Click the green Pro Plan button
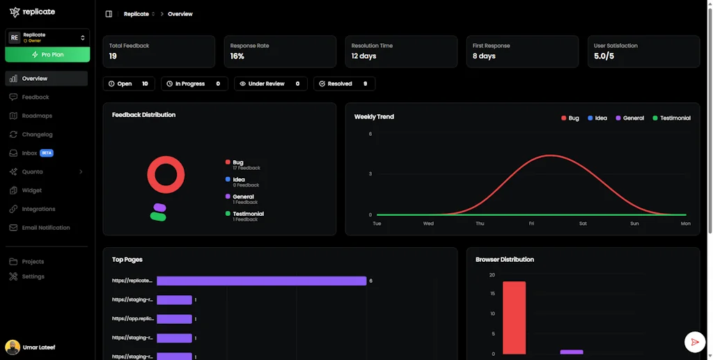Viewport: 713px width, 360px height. pos(47,54)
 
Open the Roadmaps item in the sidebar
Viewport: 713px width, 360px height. pos(36,116)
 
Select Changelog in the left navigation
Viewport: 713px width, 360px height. pos(37,134)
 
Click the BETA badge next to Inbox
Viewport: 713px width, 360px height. pos(47,153)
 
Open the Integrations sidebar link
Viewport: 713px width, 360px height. pos(38,209)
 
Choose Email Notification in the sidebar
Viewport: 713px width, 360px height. pos(45,228)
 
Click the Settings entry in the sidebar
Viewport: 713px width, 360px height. pos(33,276)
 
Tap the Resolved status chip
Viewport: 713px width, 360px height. pos(344,84)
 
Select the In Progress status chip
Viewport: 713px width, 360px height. pos(194,84)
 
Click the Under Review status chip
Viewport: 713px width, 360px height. pos(271,84)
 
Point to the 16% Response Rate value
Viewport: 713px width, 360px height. pos(237,56)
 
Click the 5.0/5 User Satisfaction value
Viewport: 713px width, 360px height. pos(604,56)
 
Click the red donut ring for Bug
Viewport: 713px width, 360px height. pos(166,159)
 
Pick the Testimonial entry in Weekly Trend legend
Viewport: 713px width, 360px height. pos(671,118)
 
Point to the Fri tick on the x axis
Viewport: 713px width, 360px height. pos(531,224)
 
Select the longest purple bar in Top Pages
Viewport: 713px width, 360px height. pos(261,281)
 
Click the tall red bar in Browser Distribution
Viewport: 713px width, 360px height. pos(514,318)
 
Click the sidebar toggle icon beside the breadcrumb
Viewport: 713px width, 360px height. pos(109,14)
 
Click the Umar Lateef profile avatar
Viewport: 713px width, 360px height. pos(13,347)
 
